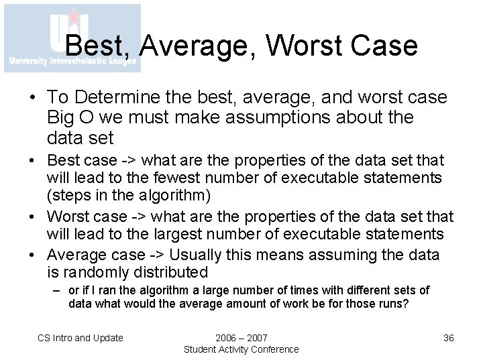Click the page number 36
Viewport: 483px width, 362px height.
click(x=448, y=338)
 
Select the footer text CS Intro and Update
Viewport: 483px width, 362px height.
click(x=80, y=338)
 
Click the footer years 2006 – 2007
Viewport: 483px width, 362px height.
click(x=241, y=338)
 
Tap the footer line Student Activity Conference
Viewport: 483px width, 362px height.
click(x=241, y=349)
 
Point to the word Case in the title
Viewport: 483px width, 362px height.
click(x=386, y=46)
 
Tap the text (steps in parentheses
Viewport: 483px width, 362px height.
click(x=69, y=196)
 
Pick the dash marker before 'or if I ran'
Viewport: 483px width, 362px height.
click(x=58, y=290)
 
